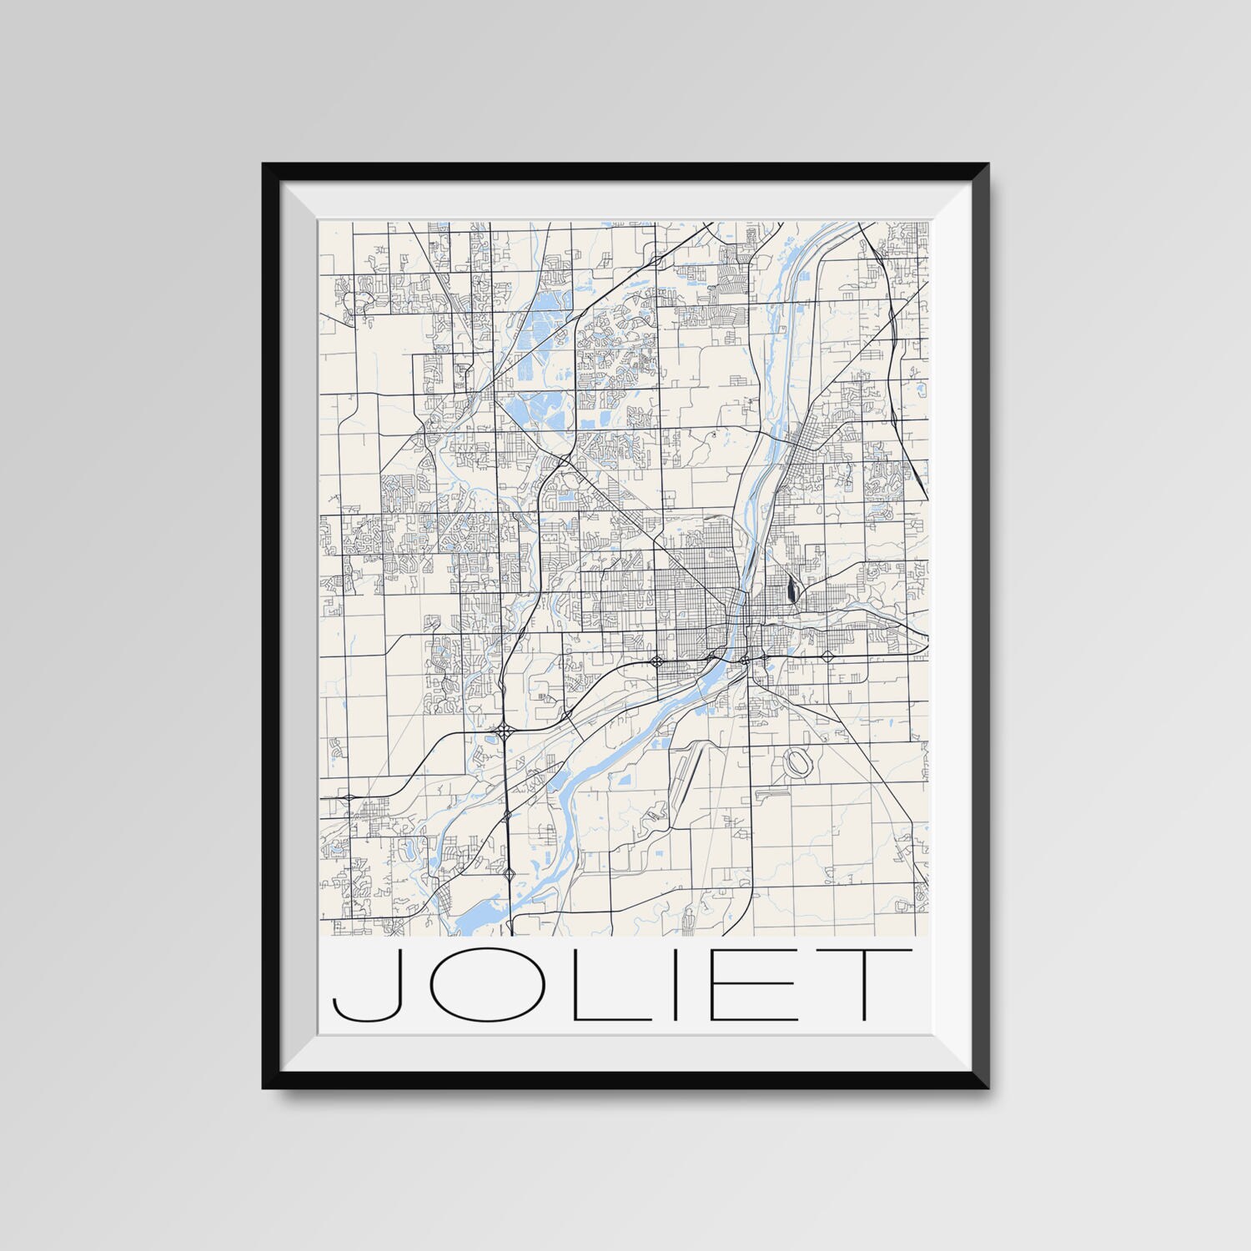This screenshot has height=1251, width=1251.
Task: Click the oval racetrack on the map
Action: pos(796,761)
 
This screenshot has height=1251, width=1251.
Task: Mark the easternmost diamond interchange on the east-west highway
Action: pos(827,657)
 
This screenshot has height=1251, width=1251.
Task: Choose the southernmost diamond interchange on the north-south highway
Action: pos(509,873)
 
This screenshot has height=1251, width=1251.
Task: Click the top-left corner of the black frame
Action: pos(264,164)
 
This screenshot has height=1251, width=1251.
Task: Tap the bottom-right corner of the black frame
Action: pos(988,1088)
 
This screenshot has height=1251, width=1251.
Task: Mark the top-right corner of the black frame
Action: pos(988,164)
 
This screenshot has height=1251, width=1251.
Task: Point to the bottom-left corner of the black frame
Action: pos(264,1088)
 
